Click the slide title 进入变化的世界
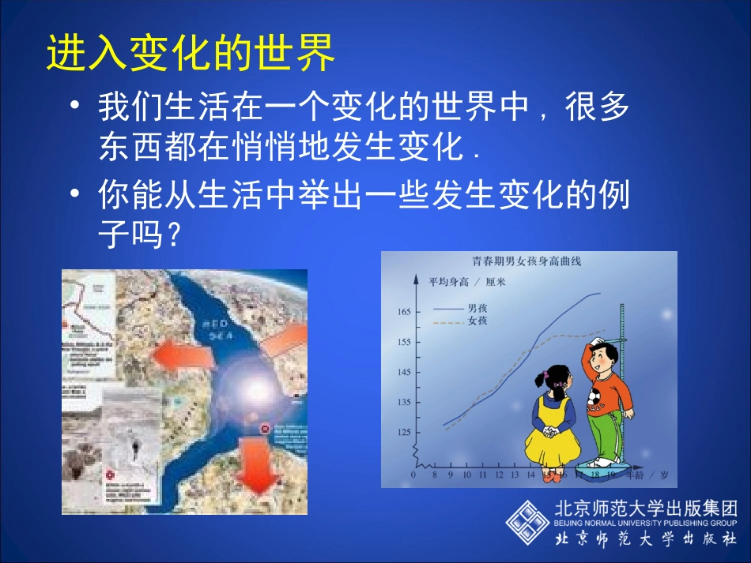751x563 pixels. (x=191, y=53)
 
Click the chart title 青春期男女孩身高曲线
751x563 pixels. (x=526, y=261)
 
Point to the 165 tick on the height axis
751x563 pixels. (x=403, y=312)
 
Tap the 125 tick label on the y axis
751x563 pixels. (x=403, y=432)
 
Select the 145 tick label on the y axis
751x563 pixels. (x=403, y=372)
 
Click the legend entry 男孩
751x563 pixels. (x=477, y=308)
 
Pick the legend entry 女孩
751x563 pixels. (x=477, y=321)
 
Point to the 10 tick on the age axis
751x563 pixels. (x=466, y=475)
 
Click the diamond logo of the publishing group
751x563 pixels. (x=526, y=522)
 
